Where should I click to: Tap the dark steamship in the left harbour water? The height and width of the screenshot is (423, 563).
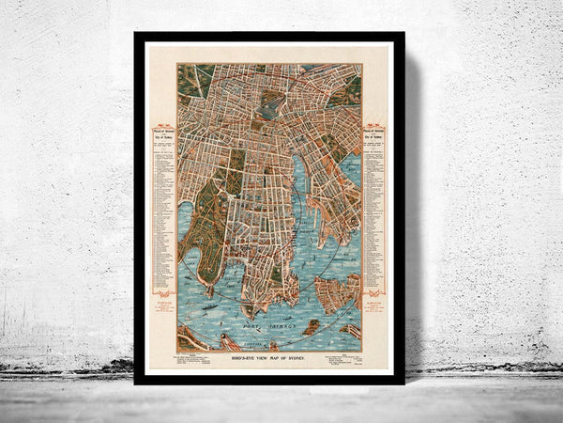pyautogui.click(x=217, y=304)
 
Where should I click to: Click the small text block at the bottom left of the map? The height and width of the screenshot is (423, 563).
pyautogui.click(x=204, y=355)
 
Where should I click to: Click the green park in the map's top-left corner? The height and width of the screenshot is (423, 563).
pyautogui.click(x=190, y=80)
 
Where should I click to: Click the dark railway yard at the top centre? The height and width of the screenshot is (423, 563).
pyautogui.click(x=269, y=105)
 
